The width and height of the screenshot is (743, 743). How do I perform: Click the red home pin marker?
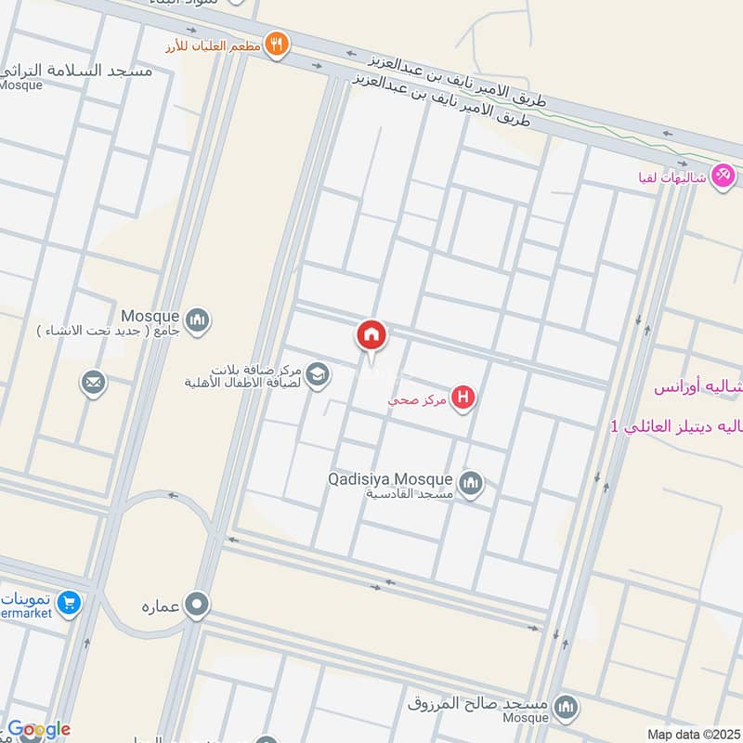tap(371, 335)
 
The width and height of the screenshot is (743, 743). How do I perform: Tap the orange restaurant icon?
tap(276, 43)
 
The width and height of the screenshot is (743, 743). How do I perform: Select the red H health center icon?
tap(463, 398)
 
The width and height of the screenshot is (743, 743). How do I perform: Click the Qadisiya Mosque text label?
tap(390, 479)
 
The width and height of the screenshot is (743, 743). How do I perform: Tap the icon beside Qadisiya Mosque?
tap(472, 483)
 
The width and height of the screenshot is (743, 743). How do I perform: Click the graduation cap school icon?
tap(318, 373)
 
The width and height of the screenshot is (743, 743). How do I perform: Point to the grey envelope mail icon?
tap(93, 382)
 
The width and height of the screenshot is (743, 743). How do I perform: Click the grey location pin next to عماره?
tap(197, 606)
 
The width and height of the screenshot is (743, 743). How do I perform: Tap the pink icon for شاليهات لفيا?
tap(723, 175)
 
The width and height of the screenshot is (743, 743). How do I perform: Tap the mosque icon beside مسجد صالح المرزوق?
tap(564, 710)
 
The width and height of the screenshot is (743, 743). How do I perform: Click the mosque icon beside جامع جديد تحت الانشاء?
tap(197, 320)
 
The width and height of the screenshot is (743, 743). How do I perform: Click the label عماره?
tap(159, 606)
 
